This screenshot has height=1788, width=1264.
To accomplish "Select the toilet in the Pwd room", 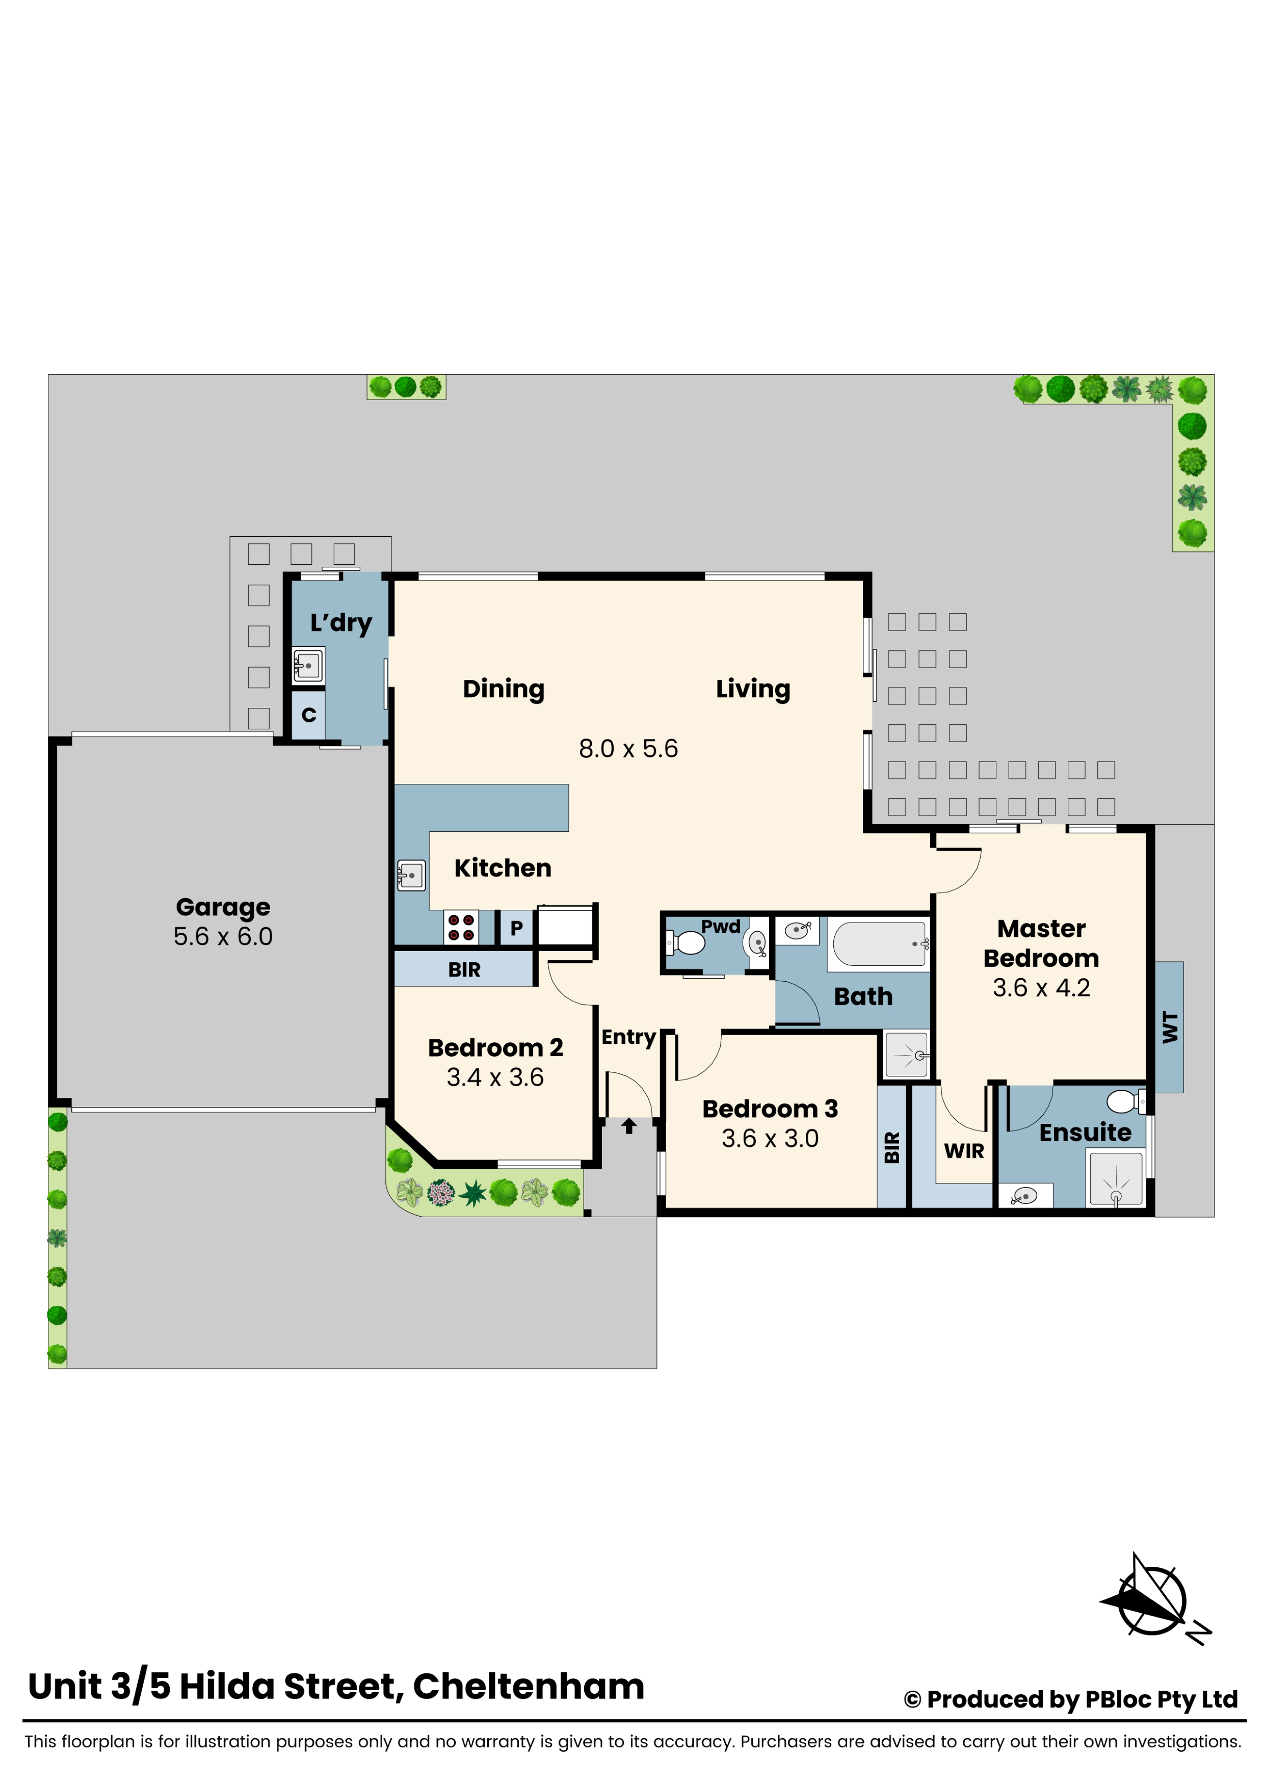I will click(x=687, y=943).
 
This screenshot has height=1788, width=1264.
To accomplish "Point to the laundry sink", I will click(x=308, y=666).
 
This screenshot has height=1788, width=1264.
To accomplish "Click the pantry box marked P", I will click(x=516, y=928).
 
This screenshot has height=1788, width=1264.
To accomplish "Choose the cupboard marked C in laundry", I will click(x=308, y=715).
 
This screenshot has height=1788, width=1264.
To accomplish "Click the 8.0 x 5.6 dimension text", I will click(x=628, y=748).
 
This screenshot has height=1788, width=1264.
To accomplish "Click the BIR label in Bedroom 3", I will click(x=892, y=1148).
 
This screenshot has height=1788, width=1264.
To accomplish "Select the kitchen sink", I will click(x=411, y=875).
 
